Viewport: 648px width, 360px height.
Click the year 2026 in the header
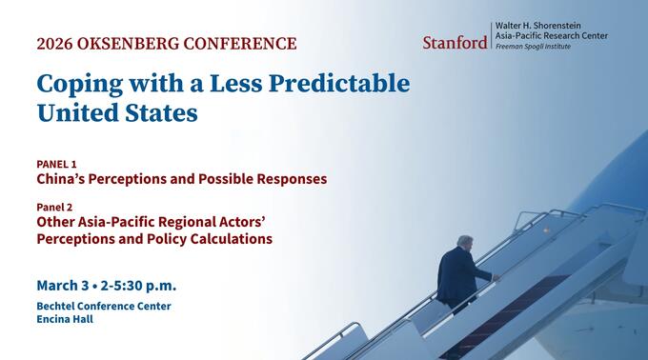[x=57, y=44]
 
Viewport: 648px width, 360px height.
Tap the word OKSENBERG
[x=131, y=44]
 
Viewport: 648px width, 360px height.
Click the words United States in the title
[x=117, y=112]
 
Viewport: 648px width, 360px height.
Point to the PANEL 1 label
[x=56, y=164]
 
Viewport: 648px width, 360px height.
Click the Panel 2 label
[x=54, y=207]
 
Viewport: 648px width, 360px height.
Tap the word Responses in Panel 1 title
[x=286, y=179]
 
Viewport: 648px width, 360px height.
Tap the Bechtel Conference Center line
[x=104, y=306]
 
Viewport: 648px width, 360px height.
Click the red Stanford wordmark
[x=455, y=42]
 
